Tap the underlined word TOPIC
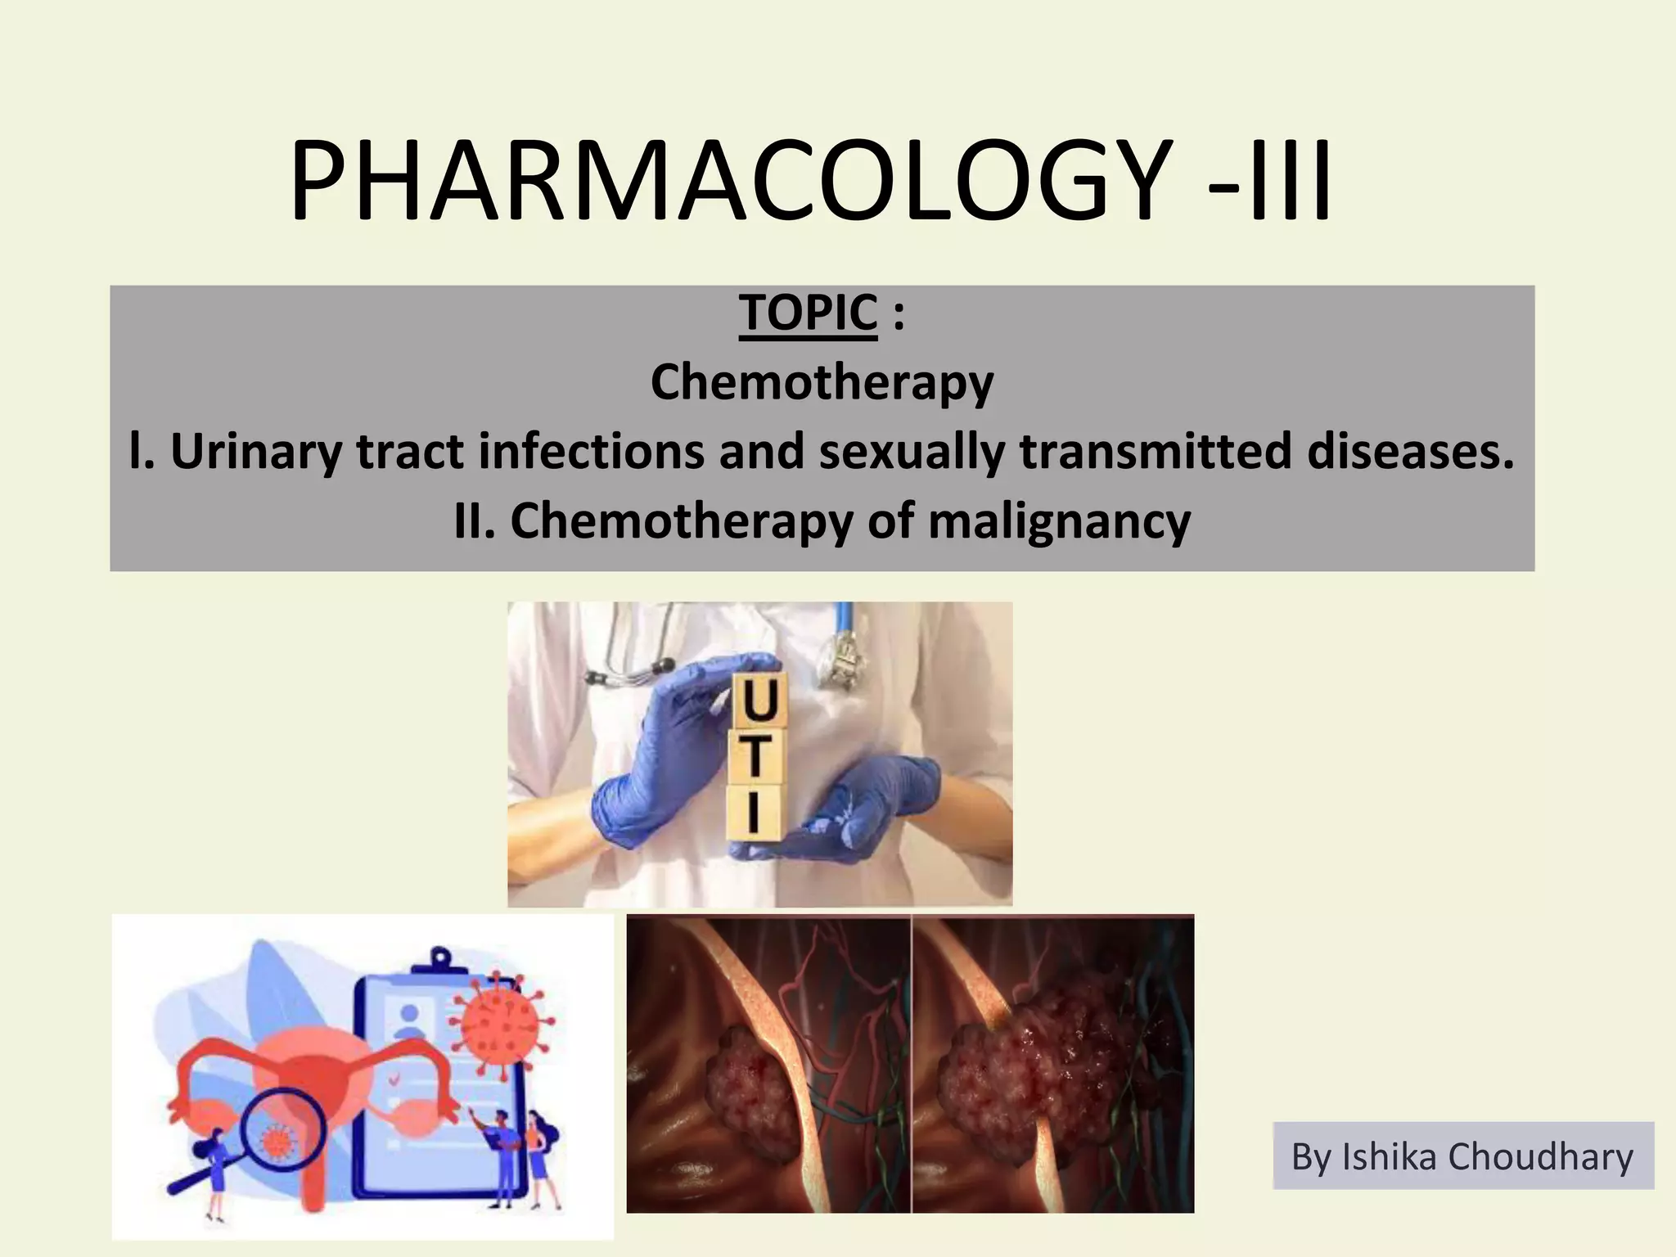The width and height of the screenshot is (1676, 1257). [x=808, y=313]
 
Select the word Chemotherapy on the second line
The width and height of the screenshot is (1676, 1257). [x=822, y=382]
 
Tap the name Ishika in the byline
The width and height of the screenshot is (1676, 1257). [x=1390, y=1157]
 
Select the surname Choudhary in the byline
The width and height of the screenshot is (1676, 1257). [x=1540, y=1157]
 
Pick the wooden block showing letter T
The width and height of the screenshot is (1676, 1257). [x=756, y=756]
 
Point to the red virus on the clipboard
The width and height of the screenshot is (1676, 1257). [x=501, y=1026]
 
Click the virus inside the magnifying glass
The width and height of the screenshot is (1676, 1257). [x=277, y=1138]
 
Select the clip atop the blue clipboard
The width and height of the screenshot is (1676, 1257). [x=441, y=959]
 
